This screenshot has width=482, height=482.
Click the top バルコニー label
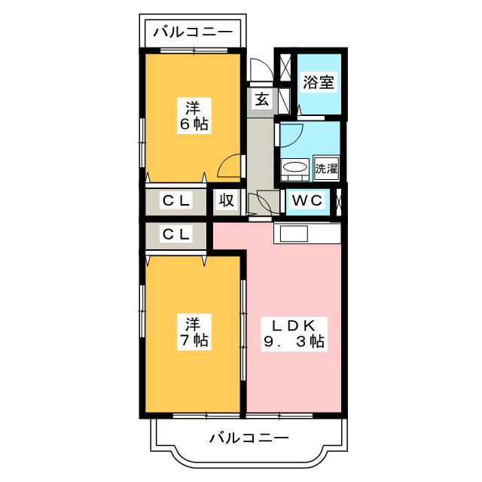pos(194,32)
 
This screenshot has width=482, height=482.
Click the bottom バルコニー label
pos(249,438)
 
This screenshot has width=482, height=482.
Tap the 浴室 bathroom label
pos(319,82)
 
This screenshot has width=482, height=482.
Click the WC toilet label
pos(307,201)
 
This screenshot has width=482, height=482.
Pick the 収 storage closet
pos(225,201)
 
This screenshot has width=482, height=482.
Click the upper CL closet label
pos(176,201)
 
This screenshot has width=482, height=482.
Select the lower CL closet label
pos(176,235)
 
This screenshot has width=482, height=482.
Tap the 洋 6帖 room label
pos(194,115)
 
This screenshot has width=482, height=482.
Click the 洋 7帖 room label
pos(194,331)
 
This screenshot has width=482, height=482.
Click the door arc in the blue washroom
pos(291,134)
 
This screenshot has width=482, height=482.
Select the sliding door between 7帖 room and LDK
pos(243,331)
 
